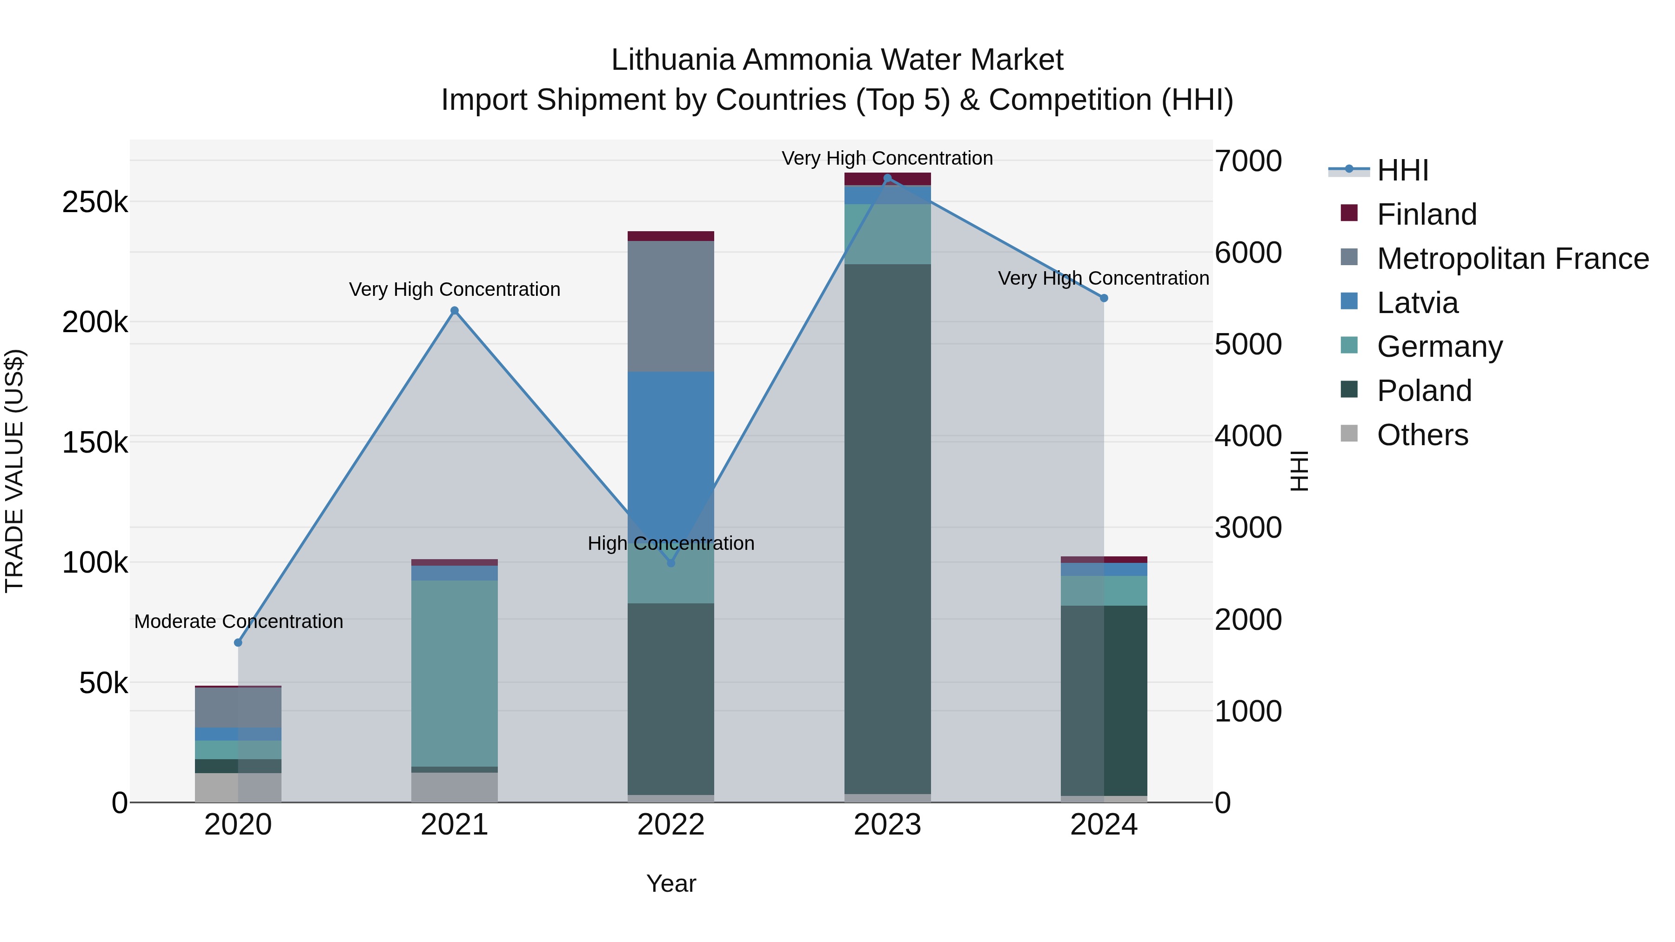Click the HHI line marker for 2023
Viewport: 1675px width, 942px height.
pos(888,178)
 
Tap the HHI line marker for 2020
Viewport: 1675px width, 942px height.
pos(238,642)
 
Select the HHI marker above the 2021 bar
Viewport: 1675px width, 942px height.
pos(455,311)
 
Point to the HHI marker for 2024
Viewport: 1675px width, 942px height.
pos(1104,298)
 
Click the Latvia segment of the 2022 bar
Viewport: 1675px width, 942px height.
pos(670,442)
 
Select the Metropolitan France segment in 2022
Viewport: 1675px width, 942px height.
pos(670,306)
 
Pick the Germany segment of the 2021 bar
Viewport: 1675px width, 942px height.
pos(455,673)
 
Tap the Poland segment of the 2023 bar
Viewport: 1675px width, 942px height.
pos(888,527)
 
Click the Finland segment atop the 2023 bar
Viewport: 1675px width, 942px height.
pos(888,179)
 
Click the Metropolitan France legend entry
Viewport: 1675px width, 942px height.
pos(1513,259)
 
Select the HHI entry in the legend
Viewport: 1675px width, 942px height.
pos(1402,170)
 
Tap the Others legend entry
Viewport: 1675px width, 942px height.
pos(1422,435)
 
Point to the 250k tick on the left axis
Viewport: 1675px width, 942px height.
pos(95,203)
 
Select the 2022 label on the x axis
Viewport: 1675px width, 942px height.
pos(670,825)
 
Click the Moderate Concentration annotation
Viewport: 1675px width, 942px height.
pos(239,621)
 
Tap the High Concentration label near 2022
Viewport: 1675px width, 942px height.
pos(670,543)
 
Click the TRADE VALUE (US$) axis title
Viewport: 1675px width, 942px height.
pos(14,471)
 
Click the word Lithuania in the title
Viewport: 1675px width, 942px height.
pos(673,60)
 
